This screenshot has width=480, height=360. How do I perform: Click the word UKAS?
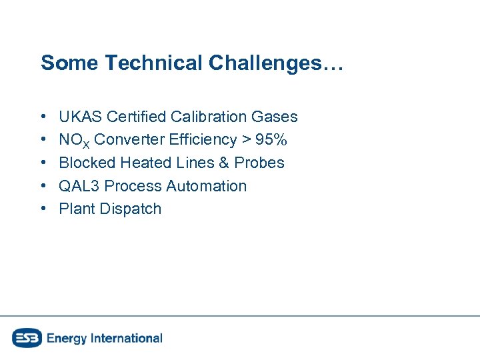coord(79,117)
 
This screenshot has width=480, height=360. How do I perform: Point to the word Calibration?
coord(209,117)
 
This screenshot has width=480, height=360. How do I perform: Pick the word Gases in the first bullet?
coord(275,117)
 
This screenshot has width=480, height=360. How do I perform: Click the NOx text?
coord(73,140)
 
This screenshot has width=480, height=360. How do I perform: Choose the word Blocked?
coord(87,163)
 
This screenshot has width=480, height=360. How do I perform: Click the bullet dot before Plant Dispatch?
coord(43,209)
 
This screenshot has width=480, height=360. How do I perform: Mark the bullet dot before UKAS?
coord(43,117)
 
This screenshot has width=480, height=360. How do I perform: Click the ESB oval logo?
coord(27,338)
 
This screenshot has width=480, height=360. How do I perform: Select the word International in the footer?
coord(125,338)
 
